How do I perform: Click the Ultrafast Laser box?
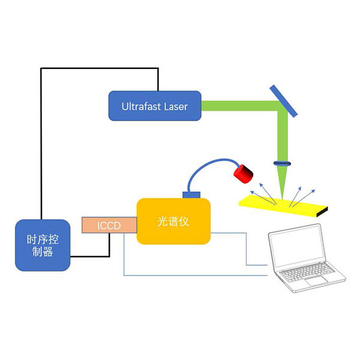pyautogui.click(x=155, y=106)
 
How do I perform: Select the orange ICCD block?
pyautogui.click(x=109, y=225)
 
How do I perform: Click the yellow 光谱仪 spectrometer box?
pyautogui.click(x=173, y=221)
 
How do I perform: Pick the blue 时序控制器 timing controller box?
pyautogui.click(x=43, y=245)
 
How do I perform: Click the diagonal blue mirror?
pyautogui.click(x=284, y=101)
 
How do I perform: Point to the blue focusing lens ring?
pyautogui.click(x=282, y=163)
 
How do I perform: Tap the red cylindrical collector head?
pyautogui.click(x=243, y=174)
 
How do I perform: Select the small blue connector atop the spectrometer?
pyautogui.click(x=191, y=195)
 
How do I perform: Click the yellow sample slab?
pyautogui.click(x=283, y=205)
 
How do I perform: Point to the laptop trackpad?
pyautogui.click(x=316, y=281)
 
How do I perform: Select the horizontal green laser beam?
pyautogui.click(x=240, y=106)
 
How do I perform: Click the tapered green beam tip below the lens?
pyautogui.click(x=282, y=182)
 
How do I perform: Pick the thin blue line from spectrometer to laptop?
pyautogui.click(x=247, y=249)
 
